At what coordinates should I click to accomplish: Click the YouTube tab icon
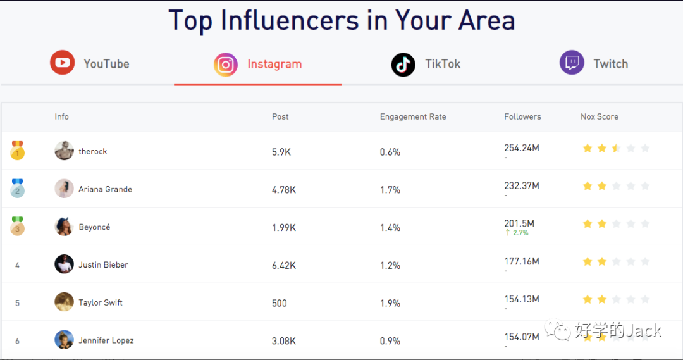(62, 63)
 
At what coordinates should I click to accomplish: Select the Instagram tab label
(274, 64)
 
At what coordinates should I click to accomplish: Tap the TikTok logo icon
(403, 64)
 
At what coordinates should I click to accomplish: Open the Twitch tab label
(610, 64)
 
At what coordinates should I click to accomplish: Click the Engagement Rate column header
(413, 116)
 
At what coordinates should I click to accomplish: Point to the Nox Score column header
(599, 116)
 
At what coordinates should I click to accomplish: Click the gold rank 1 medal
(18, 151)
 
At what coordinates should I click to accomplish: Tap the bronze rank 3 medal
(18, 227)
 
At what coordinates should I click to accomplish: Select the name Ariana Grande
(105, 189)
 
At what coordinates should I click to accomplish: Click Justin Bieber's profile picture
(64, 264)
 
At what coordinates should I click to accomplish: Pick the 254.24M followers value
(521, 148)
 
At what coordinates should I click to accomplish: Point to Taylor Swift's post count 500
(280, 303)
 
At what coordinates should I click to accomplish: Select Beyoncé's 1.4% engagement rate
(390, 227)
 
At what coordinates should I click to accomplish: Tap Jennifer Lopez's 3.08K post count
(283, 341)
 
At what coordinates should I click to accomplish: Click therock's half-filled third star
(616, 148)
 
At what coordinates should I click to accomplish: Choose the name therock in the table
(92, 151)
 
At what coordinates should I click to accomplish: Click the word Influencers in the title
(291, 20)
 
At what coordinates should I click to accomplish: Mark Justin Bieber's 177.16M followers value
(521, 261)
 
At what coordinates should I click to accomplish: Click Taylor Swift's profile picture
(64, 302)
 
